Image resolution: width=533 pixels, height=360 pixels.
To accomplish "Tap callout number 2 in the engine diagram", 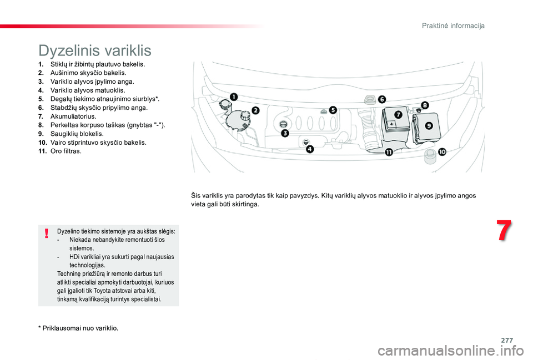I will [255, 110].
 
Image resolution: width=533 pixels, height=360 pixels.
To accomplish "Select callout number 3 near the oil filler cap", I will [284, 133].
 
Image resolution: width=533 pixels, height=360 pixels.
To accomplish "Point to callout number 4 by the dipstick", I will [309, 149].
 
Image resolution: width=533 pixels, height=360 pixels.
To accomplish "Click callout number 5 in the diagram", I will [333, 110].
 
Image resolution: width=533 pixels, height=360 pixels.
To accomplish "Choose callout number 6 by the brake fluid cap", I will [381, 99].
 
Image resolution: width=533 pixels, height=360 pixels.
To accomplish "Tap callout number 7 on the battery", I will [398, 114].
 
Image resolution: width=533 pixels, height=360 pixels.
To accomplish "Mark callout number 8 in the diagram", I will [425, 105].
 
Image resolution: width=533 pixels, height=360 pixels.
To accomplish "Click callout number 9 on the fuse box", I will [429, 125].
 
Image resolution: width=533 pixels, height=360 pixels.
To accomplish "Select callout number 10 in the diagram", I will [442, 151].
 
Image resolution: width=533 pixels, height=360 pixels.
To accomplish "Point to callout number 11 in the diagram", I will [389, 152].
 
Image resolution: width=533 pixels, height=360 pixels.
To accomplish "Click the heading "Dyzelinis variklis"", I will [95, 50].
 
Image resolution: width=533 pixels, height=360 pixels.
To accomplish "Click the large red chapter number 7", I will [503, 231].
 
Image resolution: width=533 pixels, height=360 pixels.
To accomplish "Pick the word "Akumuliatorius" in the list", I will [73, 116].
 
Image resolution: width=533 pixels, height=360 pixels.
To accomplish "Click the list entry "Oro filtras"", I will [66, 151].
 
